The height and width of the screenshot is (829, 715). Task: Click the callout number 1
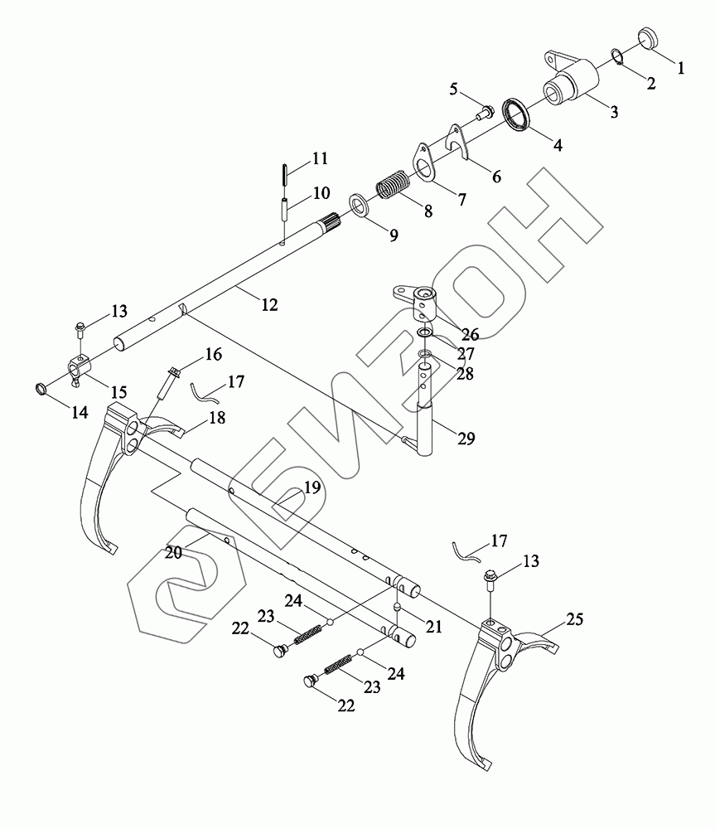681,70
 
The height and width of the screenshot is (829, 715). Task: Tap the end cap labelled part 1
650,39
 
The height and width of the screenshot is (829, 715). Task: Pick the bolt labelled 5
483,109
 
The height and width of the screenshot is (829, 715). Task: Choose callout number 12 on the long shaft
269,305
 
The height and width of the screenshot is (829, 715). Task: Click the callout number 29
466,439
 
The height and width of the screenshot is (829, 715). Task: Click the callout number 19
311,488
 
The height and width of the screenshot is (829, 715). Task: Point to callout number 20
172,552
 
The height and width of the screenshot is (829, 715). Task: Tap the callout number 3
614,113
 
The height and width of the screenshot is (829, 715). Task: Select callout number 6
495,177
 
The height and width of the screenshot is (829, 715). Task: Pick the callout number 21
432,628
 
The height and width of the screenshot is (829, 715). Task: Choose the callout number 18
217,419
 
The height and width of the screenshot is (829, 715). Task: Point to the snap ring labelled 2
618,56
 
